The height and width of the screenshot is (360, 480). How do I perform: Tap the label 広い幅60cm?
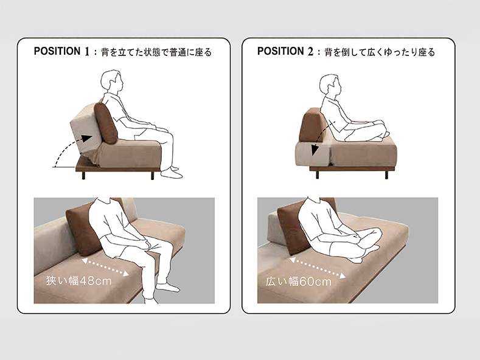[299, 282]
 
